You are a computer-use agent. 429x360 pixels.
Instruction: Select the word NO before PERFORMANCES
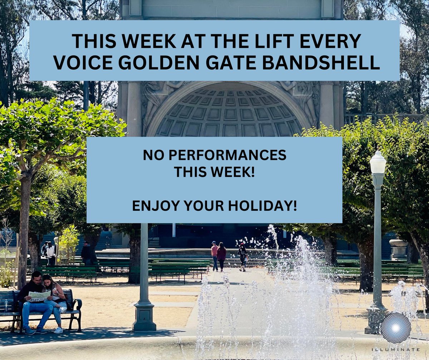[x=150, y=156]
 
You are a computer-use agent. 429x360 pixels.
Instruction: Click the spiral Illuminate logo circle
[x=395, y=327]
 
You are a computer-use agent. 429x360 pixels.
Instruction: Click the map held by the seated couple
[x=39, y=296]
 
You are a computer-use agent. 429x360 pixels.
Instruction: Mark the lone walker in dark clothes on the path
[x=243, y=257]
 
